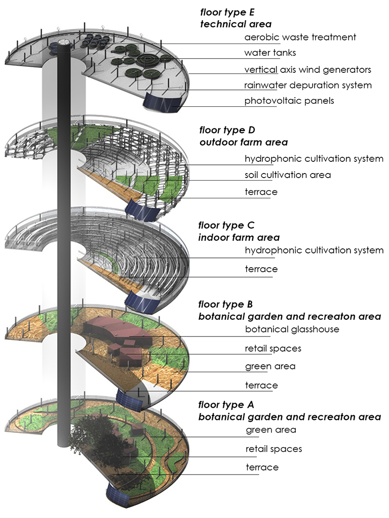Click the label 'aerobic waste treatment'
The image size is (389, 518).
pyautogui.click(x=300, y=37)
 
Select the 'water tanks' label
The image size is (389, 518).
pyautogui.click(x=270, y=53)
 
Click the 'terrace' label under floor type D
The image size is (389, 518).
pyautogui.click(x=261, y=192)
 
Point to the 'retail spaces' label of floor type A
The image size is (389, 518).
pyautogui.click(x=274, y=449)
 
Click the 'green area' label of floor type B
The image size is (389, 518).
pyautogui.click(x=270, y=366)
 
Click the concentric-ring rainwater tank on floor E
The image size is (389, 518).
pyautogui.click(x=150, y=60)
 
